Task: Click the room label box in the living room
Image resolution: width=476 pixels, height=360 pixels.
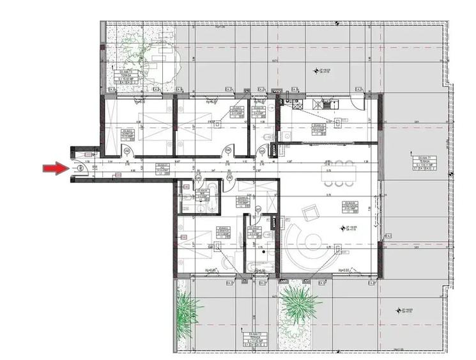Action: pos(350,206)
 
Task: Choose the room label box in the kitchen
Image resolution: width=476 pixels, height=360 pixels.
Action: pos(318,129)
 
